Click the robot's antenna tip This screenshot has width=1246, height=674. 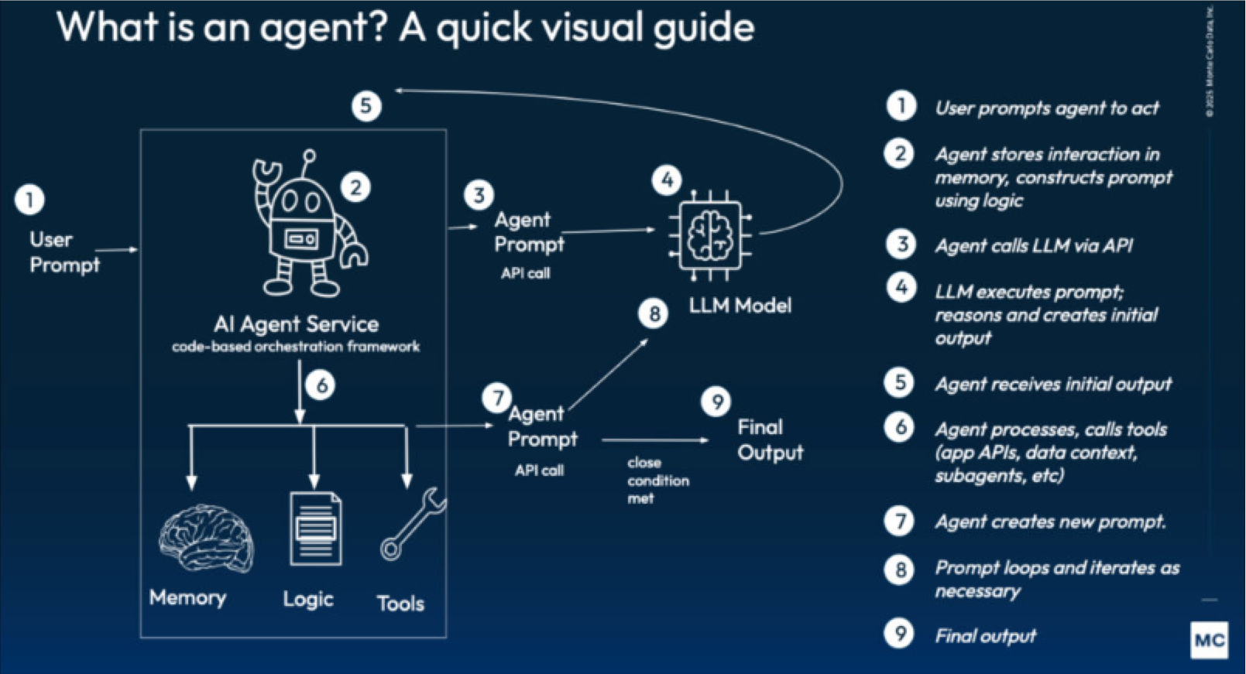[310, 155]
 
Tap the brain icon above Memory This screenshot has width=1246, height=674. [206, 539]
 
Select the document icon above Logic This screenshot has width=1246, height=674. [315, 529]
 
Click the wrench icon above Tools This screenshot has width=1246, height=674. [413, 524]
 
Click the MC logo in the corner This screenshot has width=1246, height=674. [1209, 640]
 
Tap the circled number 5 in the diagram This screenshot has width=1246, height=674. [366, 106]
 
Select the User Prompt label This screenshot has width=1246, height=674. [64, 252]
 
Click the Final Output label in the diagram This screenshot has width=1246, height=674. [770, 440]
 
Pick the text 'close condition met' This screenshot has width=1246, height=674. [657, 481]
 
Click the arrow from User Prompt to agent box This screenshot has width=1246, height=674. [116, 250]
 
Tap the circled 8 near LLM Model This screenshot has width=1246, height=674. [654, 313]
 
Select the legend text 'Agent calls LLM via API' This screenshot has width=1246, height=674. [1033, 246]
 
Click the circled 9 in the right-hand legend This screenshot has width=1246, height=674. [900, 634]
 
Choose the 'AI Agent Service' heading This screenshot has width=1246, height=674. [297, 324]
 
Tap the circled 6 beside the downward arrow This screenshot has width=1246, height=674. [321, 385]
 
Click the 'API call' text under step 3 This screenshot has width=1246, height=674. [525, 273]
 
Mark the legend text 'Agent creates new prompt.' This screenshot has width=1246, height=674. [1049, 522]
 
